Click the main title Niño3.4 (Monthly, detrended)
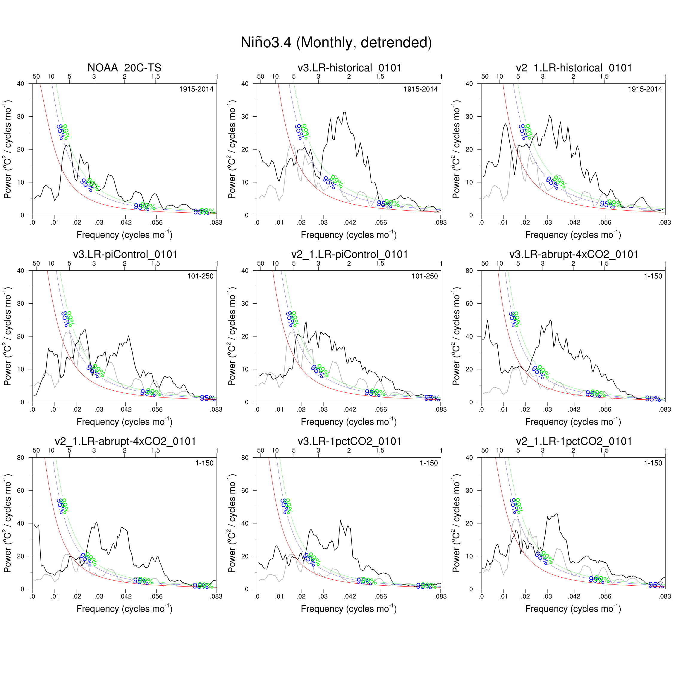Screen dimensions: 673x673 336,42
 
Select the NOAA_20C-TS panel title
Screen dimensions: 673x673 124,68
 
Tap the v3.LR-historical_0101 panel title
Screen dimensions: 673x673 349,68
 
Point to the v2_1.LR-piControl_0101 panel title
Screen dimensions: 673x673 349,254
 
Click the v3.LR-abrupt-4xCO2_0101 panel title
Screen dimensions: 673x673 574,254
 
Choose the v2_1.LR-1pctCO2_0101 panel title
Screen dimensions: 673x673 574,441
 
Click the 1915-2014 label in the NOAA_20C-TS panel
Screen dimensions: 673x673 196,89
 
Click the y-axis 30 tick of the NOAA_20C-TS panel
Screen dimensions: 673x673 21,116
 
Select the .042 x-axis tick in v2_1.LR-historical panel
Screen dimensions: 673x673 574,223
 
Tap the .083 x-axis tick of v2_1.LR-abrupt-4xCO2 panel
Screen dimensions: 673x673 216,596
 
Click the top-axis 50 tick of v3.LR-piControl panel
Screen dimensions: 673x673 36,263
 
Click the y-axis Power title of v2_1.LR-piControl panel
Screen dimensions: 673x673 232,336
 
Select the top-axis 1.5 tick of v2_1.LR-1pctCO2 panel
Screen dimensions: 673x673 604,450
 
